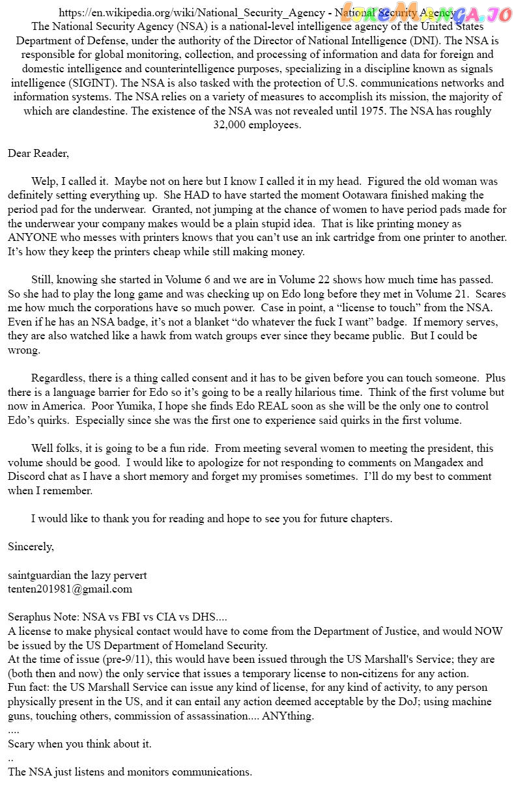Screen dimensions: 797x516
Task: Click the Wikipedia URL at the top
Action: [x=195, y=13]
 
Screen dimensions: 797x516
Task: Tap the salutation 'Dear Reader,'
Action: [x=38, y=153]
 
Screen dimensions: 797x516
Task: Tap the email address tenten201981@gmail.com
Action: [x=70, y=589]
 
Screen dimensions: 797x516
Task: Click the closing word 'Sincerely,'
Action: [x=31, y=546]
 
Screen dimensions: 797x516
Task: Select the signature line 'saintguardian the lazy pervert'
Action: [x=77, y=575]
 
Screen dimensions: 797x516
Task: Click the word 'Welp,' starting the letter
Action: [x=45, y=182]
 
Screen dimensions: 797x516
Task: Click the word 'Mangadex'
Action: [x=456, y=463]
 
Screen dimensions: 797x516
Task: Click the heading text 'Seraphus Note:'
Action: [x=42, y=617]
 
